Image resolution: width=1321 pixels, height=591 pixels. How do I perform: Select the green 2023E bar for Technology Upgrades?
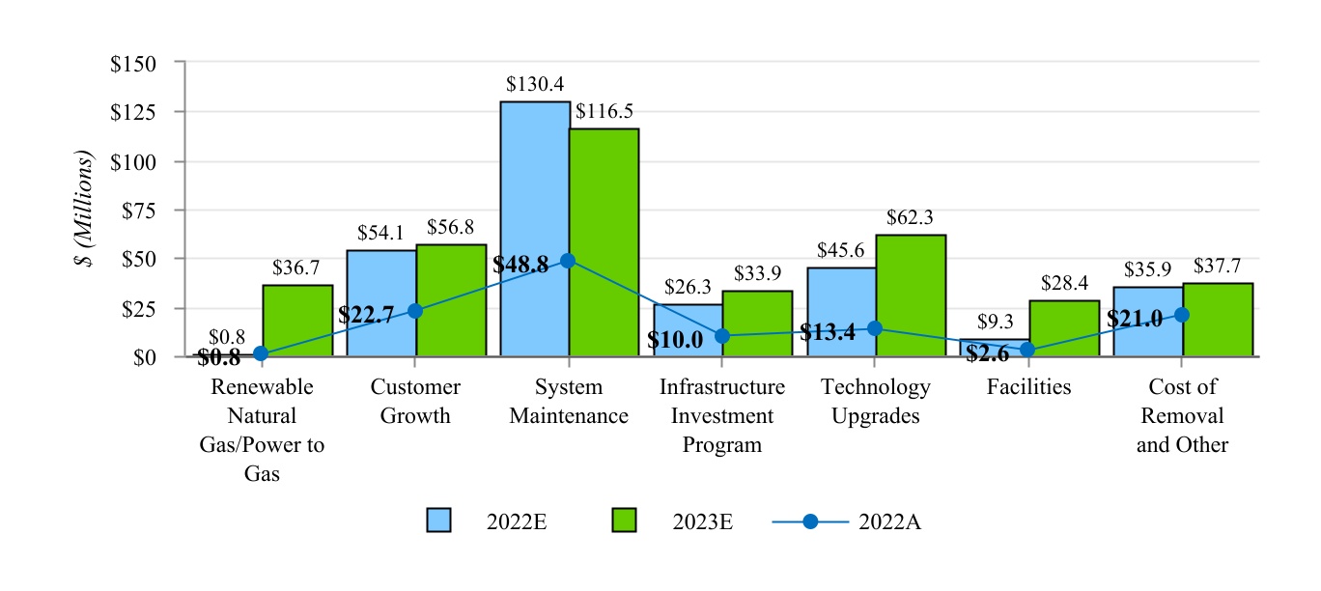(x=911, y=295)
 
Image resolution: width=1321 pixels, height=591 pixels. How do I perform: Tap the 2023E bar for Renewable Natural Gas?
(x=297, y=321)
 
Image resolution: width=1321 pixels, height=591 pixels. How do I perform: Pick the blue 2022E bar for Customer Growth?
(x=380, y=303)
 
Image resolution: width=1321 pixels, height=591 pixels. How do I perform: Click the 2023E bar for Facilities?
(x=1064, y=328)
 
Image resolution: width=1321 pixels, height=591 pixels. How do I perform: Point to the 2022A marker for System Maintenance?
(x=568, y=261)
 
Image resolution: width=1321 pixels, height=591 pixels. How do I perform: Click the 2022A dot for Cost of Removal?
(x=1181, y=315)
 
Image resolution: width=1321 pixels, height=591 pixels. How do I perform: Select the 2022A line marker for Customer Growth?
(x=414, y=311)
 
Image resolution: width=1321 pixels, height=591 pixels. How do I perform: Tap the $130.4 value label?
(x=533, y=85)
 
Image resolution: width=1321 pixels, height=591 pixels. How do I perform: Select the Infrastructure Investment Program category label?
(x=721, y=415)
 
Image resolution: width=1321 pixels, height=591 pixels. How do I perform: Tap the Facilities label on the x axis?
(x=1028, y=387)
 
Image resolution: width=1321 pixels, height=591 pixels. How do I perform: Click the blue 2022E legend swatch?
(x=439, y=521)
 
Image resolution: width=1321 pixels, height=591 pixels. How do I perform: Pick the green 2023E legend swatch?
(x=626, y=521)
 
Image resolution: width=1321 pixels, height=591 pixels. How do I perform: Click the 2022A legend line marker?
(x=810, y=521)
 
